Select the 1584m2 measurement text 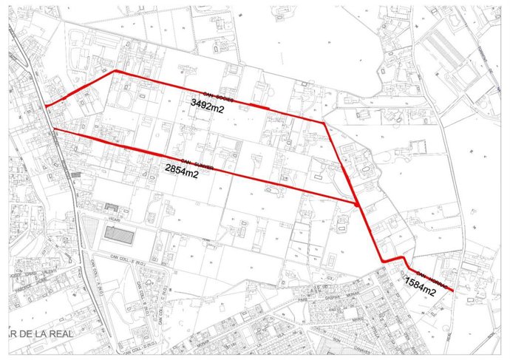[x=421, y=291]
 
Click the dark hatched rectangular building [x=119, y=237]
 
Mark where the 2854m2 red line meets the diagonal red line [x=357, y=201]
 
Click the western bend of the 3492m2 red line [x=115, y=71]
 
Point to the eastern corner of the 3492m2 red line [x=324, y=122]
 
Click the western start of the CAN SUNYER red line [x=54, y=130]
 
